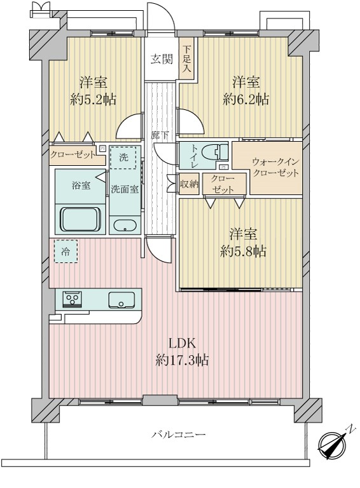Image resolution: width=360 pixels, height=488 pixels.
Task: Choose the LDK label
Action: click(183, 344)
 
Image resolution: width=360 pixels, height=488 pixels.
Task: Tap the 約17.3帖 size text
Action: click(183, 361)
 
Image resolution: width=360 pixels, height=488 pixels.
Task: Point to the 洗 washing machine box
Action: click(123, 158)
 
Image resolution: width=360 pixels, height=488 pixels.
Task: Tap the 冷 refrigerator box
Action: click(66, 251)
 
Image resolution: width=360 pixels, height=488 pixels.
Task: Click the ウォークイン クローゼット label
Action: click(275, 168)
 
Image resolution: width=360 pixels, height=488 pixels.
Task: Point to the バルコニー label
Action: click(178, 435)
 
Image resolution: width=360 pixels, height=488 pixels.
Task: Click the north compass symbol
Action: click(332, 443)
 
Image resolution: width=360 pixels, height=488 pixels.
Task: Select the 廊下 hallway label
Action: click(159, 135)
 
